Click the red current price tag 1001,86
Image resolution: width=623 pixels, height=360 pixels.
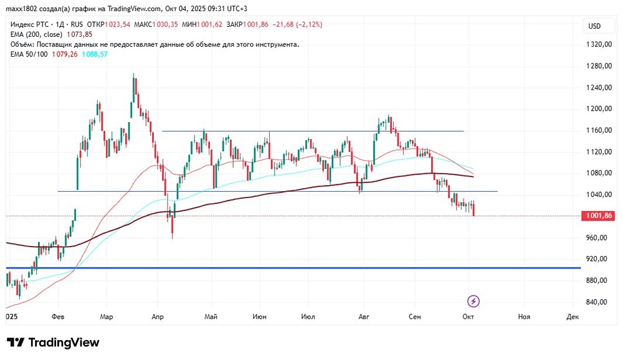point(597,216)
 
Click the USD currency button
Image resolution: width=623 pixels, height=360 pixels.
point(594,26)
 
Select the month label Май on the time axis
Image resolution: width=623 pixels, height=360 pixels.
point(211,317)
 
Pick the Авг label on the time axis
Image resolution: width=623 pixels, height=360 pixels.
point(364,317)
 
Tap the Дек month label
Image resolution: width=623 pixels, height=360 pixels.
point(573,317)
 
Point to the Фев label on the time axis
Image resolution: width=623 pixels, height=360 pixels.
point(59,317)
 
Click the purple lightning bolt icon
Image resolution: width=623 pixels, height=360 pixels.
point(473,301)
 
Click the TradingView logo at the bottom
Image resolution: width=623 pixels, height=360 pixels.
point(53,343)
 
